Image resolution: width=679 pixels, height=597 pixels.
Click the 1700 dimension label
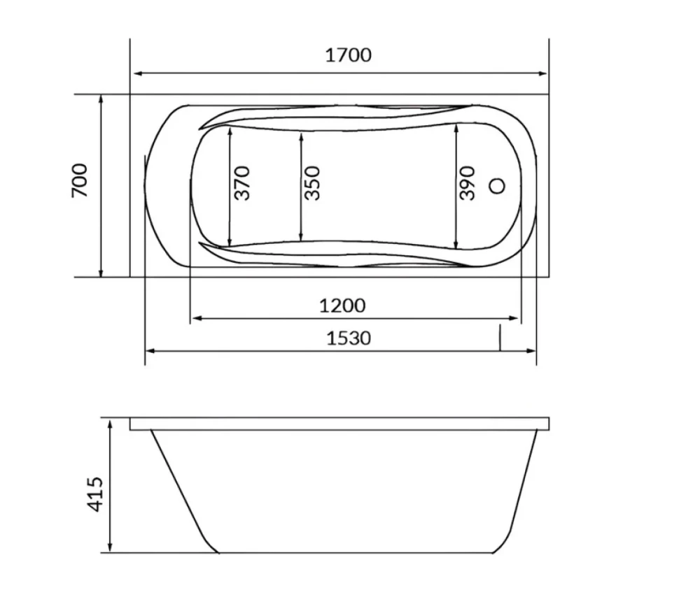(348, 55)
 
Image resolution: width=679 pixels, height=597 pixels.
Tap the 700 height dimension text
(80, 180)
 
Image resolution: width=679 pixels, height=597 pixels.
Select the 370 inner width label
(242, 183)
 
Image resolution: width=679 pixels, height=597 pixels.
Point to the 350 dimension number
(312, 183)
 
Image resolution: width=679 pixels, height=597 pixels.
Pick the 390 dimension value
(467, 183)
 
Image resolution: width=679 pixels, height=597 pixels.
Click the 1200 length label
(342, 306)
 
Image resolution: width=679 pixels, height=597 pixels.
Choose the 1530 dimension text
(349, 338)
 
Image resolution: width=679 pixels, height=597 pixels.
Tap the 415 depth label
(95, 494)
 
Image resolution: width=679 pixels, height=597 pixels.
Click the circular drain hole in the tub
(497, 186)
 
